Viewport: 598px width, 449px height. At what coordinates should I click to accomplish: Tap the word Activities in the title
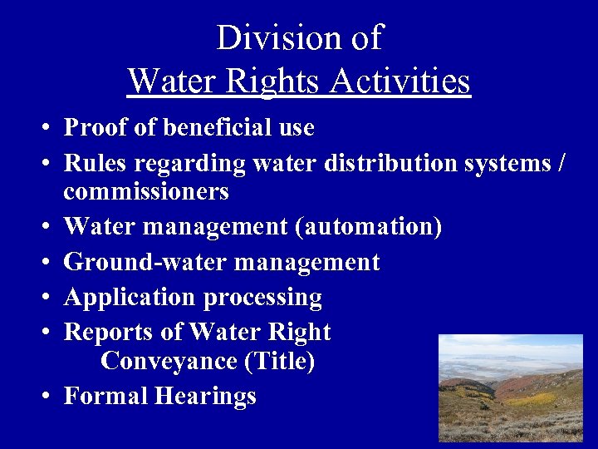click(x=400, y=81)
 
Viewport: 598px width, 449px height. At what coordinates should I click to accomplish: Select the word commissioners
click(x=146, y=192)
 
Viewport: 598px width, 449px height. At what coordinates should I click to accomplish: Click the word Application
click(x=127, y=297)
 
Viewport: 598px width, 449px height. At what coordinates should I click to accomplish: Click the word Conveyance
click(x=169, y=362)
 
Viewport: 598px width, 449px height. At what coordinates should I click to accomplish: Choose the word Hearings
click(x=205, y=397)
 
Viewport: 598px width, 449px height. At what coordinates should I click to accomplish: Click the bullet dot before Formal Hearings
click(x=43, y=397)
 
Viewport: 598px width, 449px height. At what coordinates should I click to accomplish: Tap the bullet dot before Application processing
click(x=43, y=298)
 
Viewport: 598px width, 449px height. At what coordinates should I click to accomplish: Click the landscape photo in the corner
click(x=510, y=387)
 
